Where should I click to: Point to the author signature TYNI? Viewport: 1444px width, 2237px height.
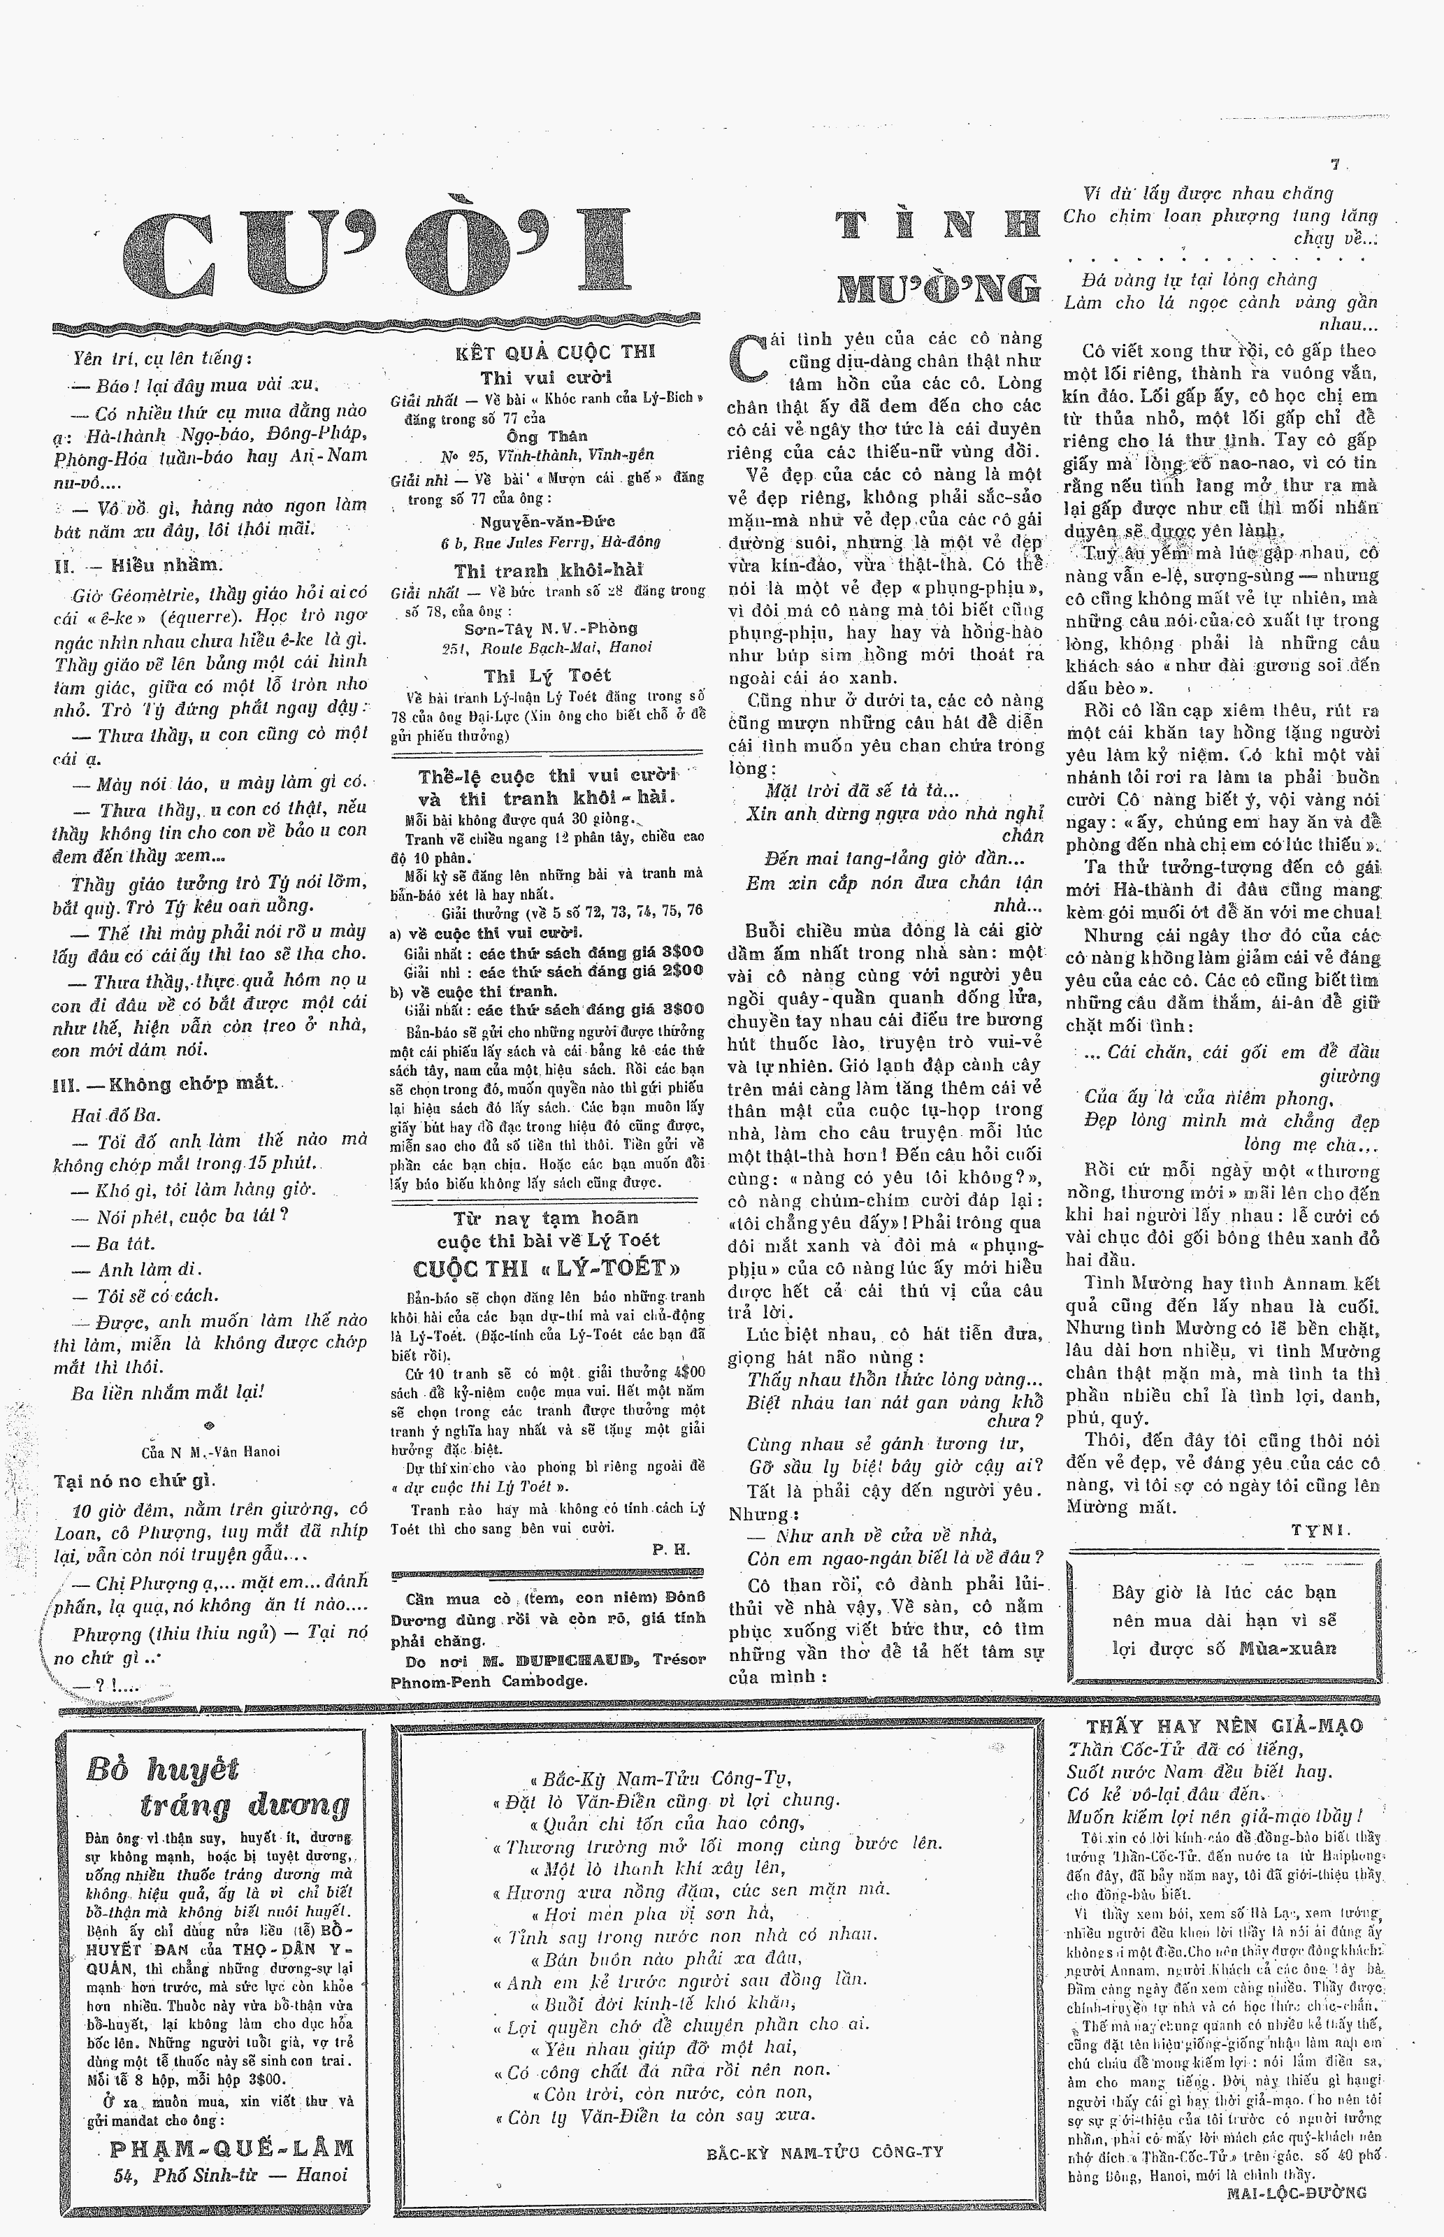(1321, 1529)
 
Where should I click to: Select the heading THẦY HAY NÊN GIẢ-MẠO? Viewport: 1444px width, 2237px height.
(1225, 1726)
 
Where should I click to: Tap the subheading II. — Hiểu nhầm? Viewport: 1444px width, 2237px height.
(140, 566)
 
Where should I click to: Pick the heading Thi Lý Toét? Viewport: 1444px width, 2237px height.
(547, 675)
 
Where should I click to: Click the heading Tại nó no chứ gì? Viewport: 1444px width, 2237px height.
(135, 1481)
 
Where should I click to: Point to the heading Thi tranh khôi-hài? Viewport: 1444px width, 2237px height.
(549, 570)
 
